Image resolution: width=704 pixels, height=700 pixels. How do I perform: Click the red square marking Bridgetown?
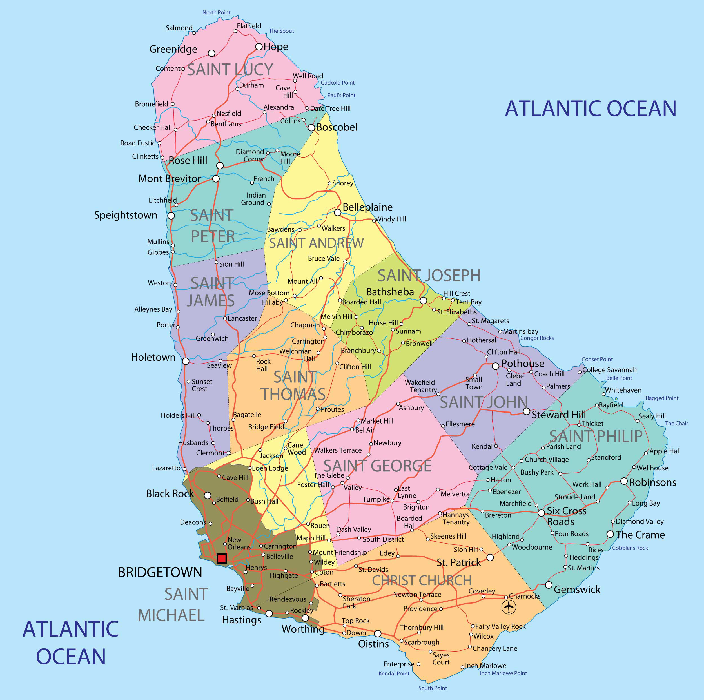[x=222, y=559]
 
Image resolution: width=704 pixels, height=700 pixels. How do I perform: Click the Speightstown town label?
[x=126, y=215]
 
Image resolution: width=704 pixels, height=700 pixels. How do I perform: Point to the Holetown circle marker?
[x=186, y=361]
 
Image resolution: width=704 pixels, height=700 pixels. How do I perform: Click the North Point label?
[x=217, y=12]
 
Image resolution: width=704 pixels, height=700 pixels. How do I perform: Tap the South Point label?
[x=433, y=688]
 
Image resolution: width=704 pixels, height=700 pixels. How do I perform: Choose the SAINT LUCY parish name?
[x=230, y=69]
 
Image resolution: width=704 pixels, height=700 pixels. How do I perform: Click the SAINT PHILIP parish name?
[x=596, y=436]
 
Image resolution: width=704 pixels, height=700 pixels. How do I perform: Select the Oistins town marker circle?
[x=378, y=633]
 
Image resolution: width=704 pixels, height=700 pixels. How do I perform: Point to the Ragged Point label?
[x=662, y=398]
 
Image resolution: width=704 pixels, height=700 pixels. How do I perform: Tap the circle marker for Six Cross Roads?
[x=542, y=513]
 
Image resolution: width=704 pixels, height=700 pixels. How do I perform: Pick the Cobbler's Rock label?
[x=630, y=548]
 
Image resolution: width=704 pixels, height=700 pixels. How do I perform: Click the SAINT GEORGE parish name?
[x=377, y=466]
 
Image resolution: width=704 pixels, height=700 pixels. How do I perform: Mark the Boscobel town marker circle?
[x=311, y=128]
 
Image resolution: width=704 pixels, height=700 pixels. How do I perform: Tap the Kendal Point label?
[x=394, y=674]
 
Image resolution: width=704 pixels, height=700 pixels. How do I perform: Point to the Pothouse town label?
[x=523, y=364]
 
